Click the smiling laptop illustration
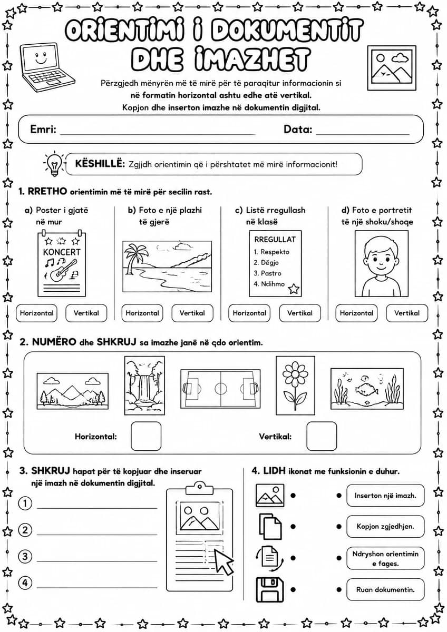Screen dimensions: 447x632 47,67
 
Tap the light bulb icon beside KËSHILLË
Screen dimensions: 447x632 54,164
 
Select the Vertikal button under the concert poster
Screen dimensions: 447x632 86,313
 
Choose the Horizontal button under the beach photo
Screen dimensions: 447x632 142,313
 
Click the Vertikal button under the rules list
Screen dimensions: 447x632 300,313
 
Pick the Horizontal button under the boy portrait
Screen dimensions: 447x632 356,313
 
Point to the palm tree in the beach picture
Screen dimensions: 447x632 131,258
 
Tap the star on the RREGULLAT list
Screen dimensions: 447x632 294,289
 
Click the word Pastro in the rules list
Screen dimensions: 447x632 271,273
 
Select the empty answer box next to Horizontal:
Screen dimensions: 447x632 146,436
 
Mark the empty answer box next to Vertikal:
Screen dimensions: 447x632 322,436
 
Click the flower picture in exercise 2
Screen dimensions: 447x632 295,386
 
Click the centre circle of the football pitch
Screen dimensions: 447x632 220,389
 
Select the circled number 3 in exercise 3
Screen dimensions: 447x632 25,556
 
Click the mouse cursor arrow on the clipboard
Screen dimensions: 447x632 224,561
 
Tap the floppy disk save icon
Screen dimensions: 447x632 270,590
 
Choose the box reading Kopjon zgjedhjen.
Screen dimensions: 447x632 385,527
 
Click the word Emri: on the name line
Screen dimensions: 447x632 43,129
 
